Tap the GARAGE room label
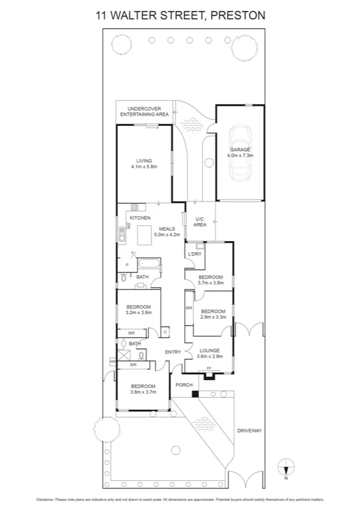click(x=240, y=149)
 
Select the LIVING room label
click(x=144, y=160)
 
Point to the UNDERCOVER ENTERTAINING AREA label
click(x=144, y=111)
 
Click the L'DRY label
click(x=195, y=254)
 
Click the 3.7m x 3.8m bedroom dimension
click(x=211, y=283)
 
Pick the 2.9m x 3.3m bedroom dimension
click(x=213, y=317)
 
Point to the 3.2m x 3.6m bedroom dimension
click(x=139, y=312)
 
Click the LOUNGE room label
click(x=210, y=351)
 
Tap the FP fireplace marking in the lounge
click(x=208, y=368)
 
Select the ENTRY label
click(x=173, y=352)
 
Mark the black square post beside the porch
click(x=195, y=394)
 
